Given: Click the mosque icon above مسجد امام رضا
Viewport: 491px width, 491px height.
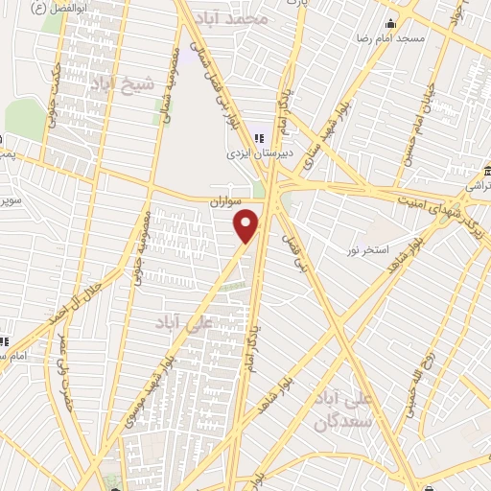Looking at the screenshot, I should pyautogui.click(x=389, y=23).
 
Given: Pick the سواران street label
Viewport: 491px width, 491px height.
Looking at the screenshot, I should pyautogui.click(x=226, y=202).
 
